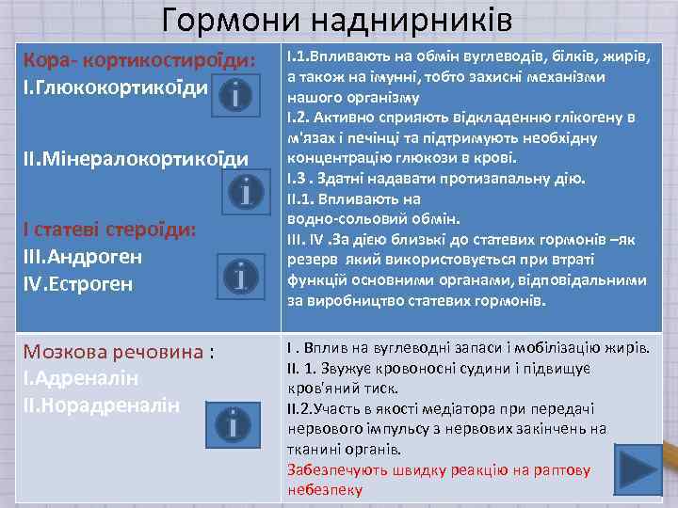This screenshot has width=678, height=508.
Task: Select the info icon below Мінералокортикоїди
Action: pyautogui.click(x=245, y=193)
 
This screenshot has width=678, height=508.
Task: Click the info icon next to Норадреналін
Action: pyautogui.click(x=232, y=424)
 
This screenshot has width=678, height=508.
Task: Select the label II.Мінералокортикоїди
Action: pyautogui.click(x=135, y=158)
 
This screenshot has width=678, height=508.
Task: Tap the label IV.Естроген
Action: pyautogui.click(x=80, y=283)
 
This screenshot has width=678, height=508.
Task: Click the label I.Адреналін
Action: pyautogui.click(x=80, y=378)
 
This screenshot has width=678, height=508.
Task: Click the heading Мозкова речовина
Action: pyautogui.click(x=114, y=352)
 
